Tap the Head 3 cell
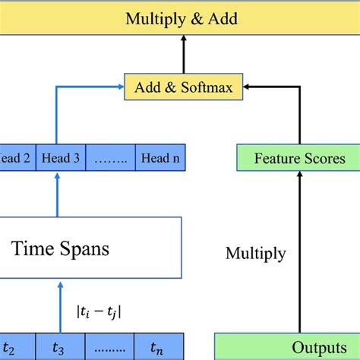pos(61,159)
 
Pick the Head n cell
pos(160,159)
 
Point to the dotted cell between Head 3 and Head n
pos(110,159)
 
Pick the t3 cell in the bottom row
pos(58,349)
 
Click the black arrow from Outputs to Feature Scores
pos(300,251)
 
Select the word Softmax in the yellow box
pos(210,87)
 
